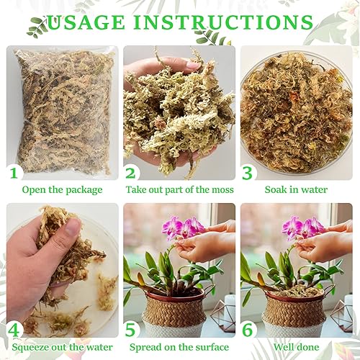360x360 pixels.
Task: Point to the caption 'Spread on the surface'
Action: (184, 346)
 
